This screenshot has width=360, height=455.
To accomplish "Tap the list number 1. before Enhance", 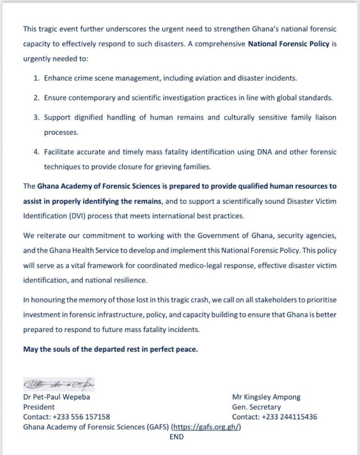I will point(36,78).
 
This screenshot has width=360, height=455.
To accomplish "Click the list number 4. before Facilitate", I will point(36,152).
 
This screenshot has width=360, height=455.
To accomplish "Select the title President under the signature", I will point(39,407).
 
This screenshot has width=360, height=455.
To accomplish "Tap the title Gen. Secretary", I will point(256,407).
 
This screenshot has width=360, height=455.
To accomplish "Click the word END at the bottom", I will point(177,437).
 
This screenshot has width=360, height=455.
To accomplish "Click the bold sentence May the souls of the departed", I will point(110,349).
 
